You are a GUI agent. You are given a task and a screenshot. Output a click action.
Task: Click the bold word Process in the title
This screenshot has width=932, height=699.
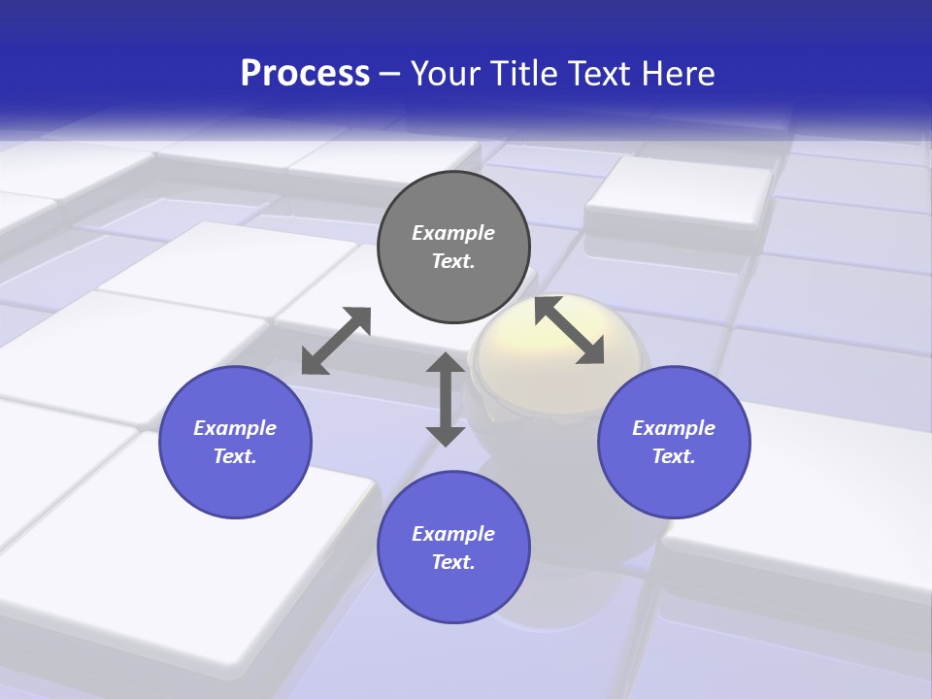305,74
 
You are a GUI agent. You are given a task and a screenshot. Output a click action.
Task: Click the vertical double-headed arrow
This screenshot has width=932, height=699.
446,399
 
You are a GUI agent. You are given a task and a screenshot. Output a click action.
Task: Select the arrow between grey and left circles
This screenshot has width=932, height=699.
336,341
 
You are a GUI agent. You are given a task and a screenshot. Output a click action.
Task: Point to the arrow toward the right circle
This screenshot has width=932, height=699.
570,330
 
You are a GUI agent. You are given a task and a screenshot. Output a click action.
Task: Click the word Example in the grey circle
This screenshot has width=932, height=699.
453,233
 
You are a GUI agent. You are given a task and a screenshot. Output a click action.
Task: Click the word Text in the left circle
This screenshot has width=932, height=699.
234,456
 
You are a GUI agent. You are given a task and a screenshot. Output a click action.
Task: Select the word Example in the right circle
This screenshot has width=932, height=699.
674,428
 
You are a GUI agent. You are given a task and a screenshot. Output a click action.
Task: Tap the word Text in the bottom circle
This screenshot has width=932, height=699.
452,562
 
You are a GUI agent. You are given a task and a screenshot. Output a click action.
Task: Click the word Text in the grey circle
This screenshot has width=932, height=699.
452,261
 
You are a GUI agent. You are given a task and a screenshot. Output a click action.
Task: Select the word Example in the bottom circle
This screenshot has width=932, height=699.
453,534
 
